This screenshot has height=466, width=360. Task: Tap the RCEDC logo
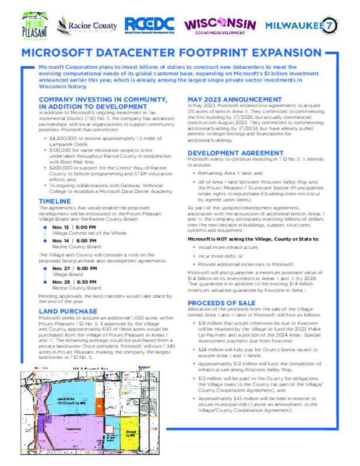click(149, 25)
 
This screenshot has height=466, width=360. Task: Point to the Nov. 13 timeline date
click(60, 226)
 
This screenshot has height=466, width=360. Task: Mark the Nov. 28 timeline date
click(60, 281)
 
